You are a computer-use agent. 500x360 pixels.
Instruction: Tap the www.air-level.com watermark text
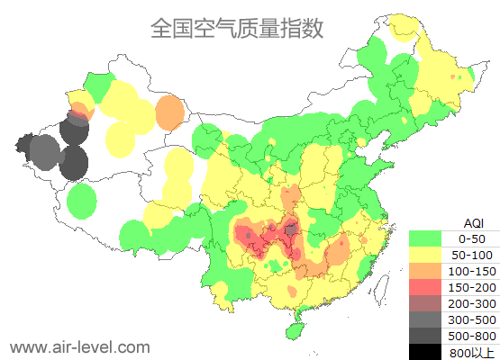[79, 346]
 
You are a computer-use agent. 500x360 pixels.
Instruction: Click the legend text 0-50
[472, 238]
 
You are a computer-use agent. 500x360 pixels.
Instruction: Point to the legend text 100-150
[472, 271]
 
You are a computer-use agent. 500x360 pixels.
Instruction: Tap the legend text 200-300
[472, 303]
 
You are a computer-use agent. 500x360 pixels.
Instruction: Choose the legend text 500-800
[472, 336]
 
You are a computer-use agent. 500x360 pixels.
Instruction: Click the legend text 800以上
[472, 352]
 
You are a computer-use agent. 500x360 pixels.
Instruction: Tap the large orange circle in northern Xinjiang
[169, 112]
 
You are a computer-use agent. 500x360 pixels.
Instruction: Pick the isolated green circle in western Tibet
[82, 200]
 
